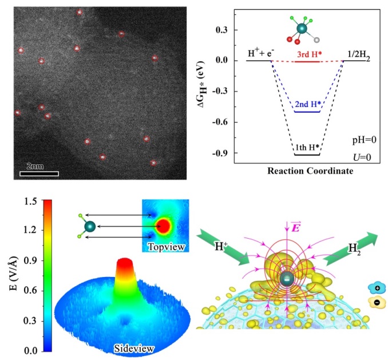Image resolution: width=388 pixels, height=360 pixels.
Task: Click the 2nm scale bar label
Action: pyautogui.click(x=36, y=167)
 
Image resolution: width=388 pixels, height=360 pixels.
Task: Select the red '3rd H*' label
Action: pyautogui.click(x=309, y=54)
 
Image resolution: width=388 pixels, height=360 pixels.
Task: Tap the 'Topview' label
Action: pyautogui.click(x=165, y=247)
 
